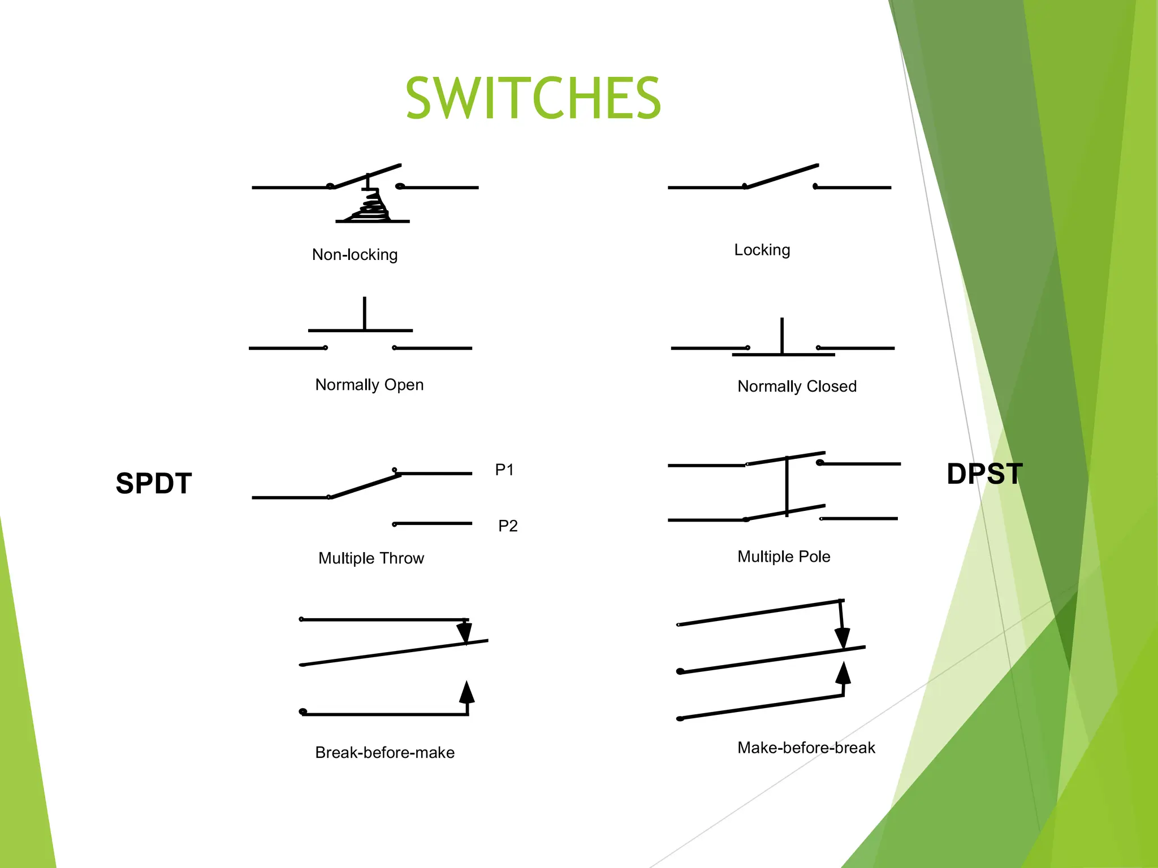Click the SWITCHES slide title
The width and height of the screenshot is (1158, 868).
(533, 99)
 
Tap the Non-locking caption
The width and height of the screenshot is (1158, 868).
(355, 255)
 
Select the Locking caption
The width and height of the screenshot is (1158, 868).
(762, 250)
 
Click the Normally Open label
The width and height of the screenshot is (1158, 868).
(369, 385)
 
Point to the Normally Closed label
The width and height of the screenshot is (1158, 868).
(797, 387)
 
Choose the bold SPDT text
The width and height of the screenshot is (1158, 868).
(154, 484)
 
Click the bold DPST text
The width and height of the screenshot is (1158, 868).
(984, 474)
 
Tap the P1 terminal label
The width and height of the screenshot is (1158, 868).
(504, 470)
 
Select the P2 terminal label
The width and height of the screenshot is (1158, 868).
(508, 526)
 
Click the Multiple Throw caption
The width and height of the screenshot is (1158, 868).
(371, 558)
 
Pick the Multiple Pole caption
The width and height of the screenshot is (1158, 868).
(784, 557)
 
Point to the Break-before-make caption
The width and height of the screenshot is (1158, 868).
(384, 753)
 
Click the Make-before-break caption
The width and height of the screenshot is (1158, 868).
(806, 748)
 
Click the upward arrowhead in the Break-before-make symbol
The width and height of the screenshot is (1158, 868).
(466, 692)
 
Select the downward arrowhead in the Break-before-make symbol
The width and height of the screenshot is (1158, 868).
(464, 632)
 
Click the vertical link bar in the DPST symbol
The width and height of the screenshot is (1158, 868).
(787, 486)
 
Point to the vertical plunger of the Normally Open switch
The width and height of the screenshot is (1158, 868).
(365, 313)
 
